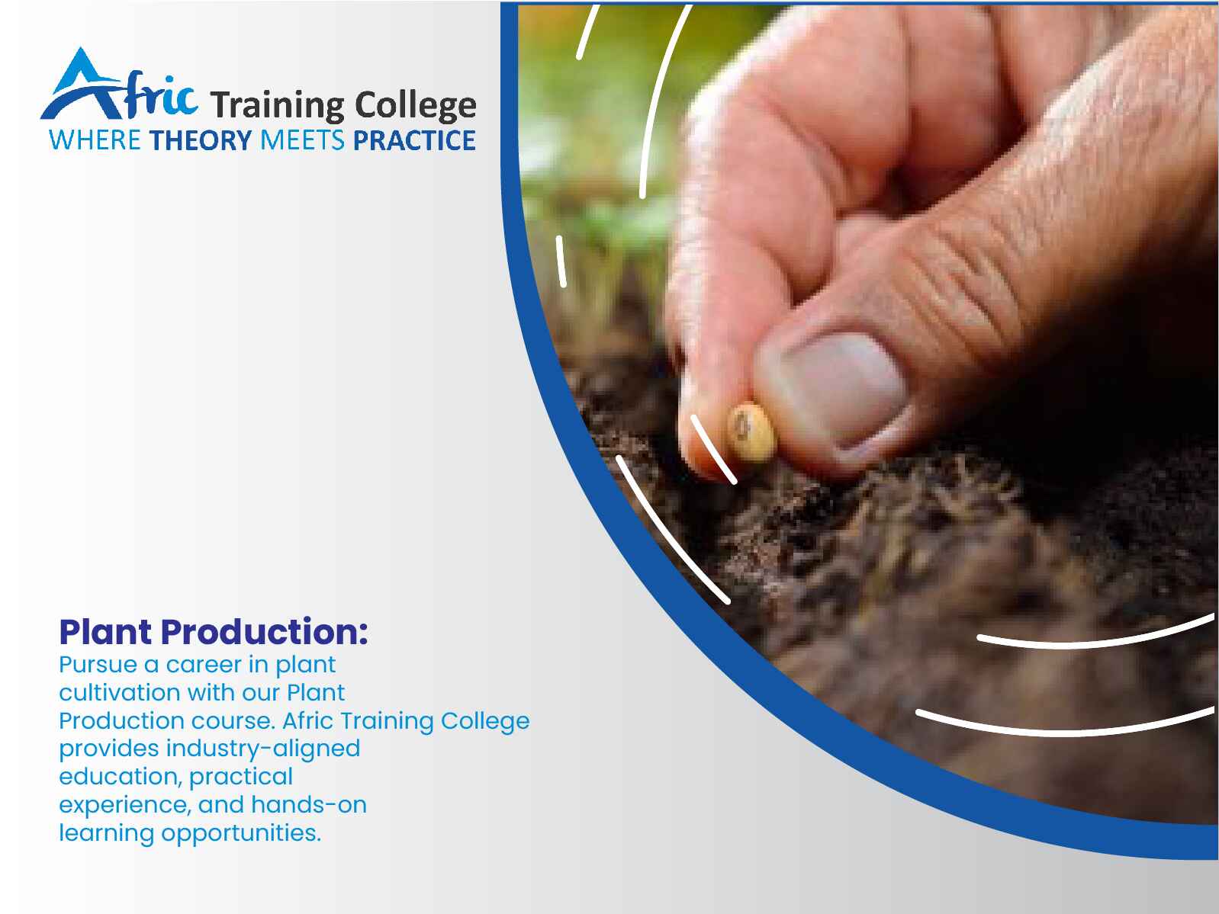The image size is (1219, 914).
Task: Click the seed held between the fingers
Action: pyautogui.click(x=751, y=433)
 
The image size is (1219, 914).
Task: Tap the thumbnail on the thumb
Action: pyautogui.click(x=838, y=389)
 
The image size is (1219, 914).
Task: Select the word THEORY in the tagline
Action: pyautogui.click(x=201, y=140)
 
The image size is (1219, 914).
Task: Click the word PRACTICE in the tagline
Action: pyautogui.click(x=414, y=140)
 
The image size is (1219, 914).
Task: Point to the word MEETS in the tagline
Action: pyautogui.click(x=303, y=140)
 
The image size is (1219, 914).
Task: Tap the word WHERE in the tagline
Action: pyautogui.click(x=95, y=140)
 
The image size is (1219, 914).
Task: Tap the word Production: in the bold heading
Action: pyautogui.click(x=265, y=632)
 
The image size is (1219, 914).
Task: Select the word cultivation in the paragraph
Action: pyautogui.click(x=120, y=693)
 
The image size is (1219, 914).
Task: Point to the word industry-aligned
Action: pyautogui.click(x=262, y=749)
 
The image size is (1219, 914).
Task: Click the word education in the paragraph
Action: pyautogui.click(x=121, y=777)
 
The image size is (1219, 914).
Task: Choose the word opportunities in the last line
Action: pyautogui.click(x=241, y=834)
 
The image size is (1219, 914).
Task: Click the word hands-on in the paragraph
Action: pyautogui.click(x=309, y=805)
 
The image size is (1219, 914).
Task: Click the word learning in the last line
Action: pyautogui.click(x=107, y=834)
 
